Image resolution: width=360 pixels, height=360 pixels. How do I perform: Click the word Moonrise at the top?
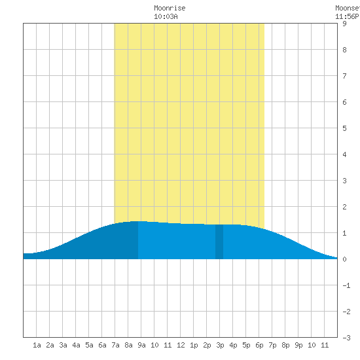point(170,8)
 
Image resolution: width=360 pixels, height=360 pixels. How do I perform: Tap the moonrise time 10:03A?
point(166,16)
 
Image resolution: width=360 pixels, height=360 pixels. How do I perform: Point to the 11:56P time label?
point(347,16)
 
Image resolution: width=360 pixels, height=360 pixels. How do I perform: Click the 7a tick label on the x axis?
point(115,345)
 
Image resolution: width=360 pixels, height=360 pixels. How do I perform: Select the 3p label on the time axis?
point(220,345)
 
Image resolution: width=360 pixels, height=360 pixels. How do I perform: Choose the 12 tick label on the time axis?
point(181,345)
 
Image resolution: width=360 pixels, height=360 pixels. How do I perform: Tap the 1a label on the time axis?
point(37,345)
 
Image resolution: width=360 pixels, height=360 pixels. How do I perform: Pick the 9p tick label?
point(298,345)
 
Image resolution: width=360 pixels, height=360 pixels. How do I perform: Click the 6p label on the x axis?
point(259,345)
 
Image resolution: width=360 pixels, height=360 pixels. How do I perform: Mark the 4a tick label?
point(76,345)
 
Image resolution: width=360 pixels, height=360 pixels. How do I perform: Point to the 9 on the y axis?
point(344,24)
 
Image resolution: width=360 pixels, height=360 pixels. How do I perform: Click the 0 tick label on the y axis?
point(344,259)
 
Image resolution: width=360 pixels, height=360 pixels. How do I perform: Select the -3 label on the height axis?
point(346,338)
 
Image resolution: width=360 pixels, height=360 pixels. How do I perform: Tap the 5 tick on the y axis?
point(344,128)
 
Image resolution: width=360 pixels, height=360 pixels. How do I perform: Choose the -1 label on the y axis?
point(346,285)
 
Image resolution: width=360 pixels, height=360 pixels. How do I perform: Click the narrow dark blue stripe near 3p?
point(219,242)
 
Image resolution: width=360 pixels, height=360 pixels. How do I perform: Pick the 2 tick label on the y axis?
point(344,207)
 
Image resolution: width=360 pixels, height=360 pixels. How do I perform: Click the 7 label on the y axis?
point(344,76)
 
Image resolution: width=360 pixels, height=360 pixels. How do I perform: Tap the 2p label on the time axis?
point(207,345)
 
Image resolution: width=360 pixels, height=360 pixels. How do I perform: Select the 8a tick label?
point(128,345)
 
